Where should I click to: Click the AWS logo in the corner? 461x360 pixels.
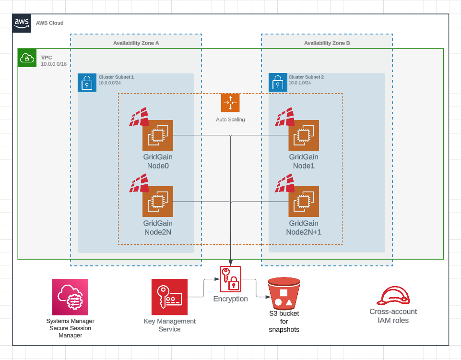[22, 23]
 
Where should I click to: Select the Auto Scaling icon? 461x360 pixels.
[230, 103]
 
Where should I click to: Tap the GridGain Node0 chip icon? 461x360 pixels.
[158, 135]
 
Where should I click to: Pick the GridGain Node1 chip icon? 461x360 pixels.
[304, 135]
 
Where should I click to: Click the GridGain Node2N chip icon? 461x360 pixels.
[158, 202]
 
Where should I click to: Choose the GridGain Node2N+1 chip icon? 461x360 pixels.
[304, 202]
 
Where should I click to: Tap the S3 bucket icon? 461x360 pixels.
[284, 293]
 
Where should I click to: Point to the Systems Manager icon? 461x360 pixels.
[71, 297]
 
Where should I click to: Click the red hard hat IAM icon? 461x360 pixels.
[393, 295]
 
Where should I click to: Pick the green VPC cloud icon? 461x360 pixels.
[27, 58]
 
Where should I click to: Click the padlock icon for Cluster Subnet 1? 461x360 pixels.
[87, 83]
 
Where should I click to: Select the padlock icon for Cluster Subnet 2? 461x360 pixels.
[277, 82]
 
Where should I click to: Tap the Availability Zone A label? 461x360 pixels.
[136, 43]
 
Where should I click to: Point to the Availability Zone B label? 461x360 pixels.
[327, 43]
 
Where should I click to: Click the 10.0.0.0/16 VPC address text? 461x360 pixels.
[53, 64]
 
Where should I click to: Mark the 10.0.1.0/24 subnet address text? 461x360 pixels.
[300, 83]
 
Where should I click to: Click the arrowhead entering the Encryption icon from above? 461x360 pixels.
[231, 264]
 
